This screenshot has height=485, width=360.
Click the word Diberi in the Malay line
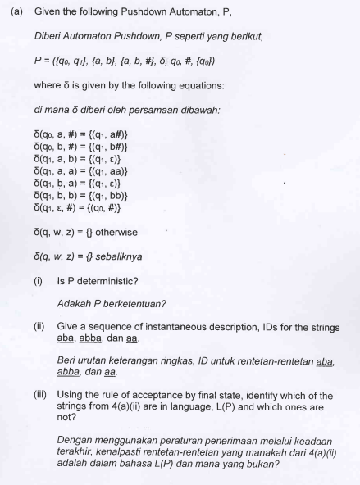(49, 38)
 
